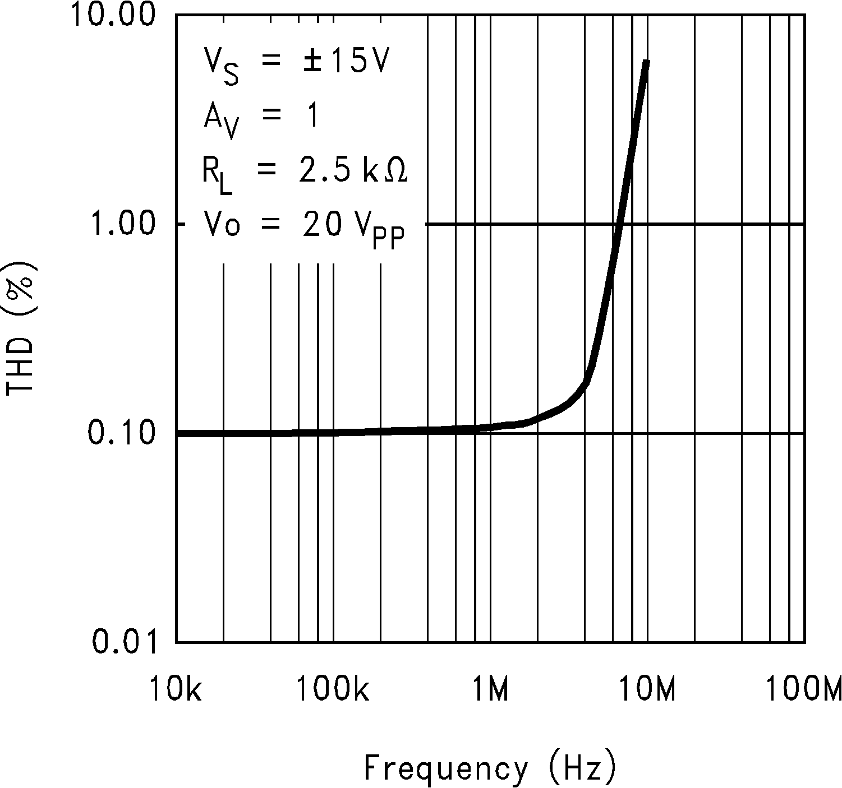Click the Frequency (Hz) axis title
pos(490,767)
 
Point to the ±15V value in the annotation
pos(346,62)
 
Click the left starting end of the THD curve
pos(178,433)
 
